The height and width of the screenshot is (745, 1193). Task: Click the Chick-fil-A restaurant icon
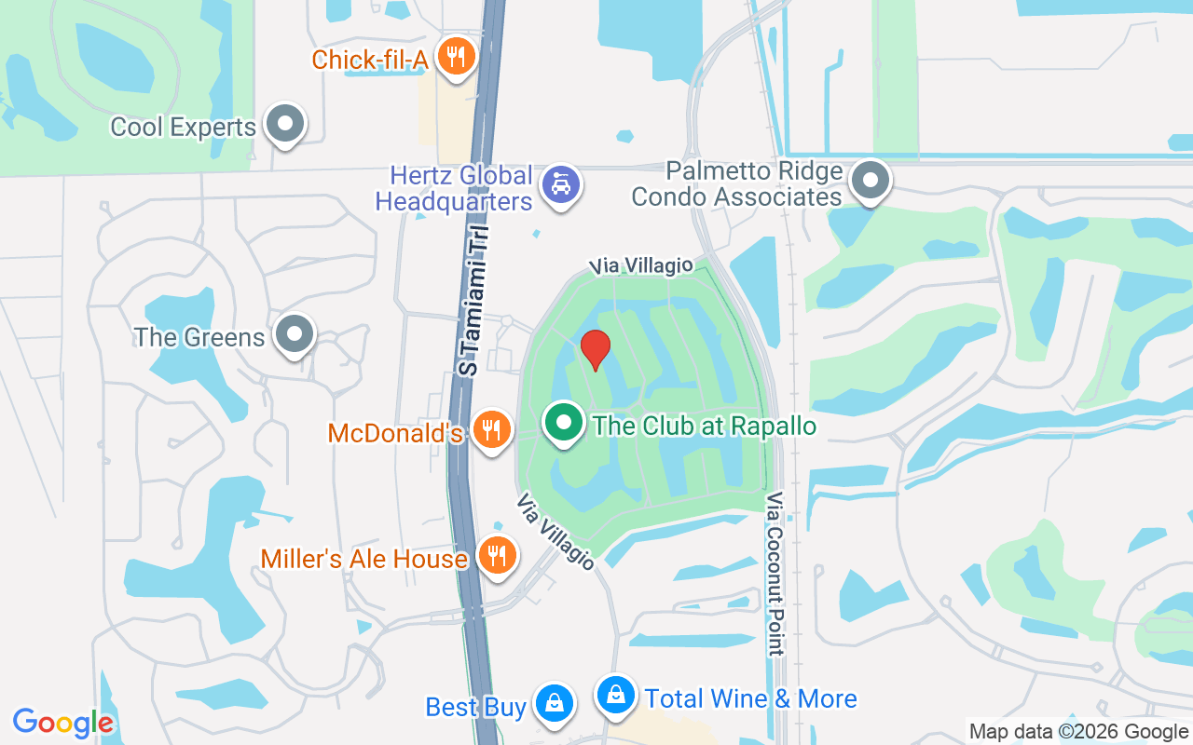455,57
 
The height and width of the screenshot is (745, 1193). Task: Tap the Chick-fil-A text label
369,61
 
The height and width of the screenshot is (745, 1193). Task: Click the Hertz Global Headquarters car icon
561,183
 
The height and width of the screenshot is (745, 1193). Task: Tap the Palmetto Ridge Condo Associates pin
871,180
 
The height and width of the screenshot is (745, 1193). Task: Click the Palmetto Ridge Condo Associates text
736,184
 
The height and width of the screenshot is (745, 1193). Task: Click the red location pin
595,350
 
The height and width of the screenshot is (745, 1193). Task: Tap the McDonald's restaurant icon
490,429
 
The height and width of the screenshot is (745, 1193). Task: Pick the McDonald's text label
395,433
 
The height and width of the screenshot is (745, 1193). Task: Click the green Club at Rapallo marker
563,424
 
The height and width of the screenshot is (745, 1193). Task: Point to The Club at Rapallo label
705,427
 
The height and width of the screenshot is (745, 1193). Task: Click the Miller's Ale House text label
363,559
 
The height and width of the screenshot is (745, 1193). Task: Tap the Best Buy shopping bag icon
555,702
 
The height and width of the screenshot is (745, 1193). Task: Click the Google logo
63,723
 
